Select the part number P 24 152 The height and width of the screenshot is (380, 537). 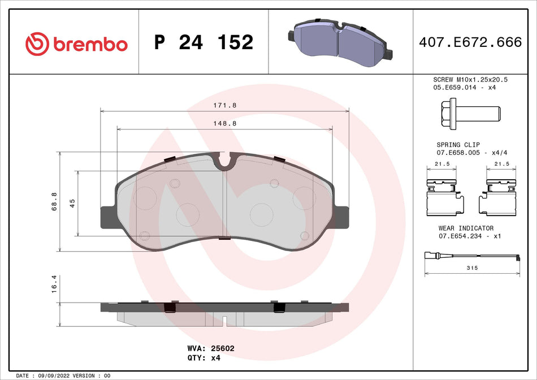[x=203, y=42]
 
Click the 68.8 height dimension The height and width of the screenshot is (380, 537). [x=54, y=202]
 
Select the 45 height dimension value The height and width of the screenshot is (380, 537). [x=72, y=204]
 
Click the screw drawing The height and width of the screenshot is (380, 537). [x=469, y=113]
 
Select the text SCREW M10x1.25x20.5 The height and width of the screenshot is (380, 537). [x=470, y=80]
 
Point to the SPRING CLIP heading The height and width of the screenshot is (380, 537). [x=458, y=145]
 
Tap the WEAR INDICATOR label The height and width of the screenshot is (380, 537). [x=466, y=228]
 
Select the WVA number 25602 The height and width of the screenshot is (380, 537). [x=223, y=349]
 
